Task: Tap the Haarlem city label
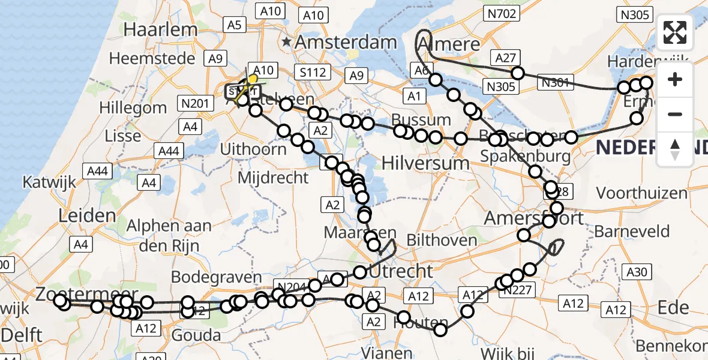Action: pos(161,29)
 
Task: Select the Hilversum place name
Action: pos(425,163)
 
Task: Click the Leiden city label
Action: pos(88,215)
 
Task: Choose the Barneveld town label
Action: pos(624,231)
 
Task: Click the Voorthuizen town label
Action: pos(641,193)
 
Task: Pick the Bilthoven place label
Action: pos(442,240)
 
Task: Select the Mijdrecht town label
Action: pos(273,178)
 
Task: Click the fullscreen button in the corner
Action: pos(675,33)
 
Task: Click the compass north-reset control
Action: pos(675,149)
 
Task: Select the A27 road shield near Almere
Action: pos(506,58)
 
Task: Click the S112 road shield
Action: pos(313,73)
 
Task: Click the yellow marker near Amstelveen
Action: pos(253,79)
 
